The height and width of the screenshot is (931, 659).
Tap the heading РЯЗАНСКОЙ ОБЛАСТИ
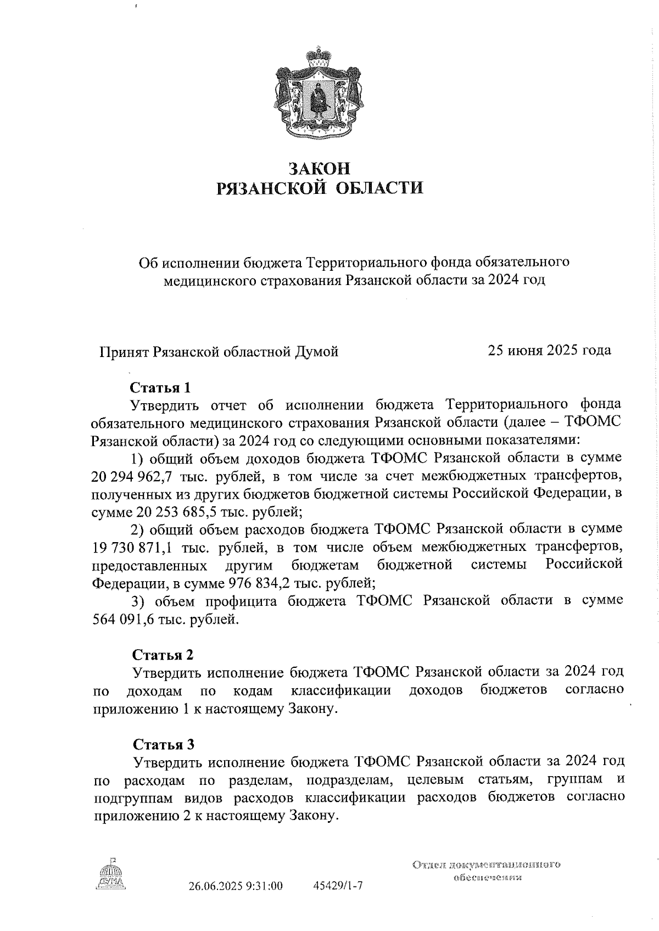click(320, 188)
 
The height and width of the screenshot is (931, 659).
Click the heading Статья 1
click(160, 387)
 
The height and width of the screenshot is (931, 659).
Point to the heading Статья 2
click(163, 655)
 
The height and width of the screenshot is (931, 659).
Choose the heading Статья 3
click(163, 744)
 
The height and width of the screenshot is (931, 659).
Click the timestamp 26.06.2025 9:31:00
click(235, 886)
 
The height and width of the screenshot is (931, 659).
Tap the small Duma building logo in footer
click(110, 874)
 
